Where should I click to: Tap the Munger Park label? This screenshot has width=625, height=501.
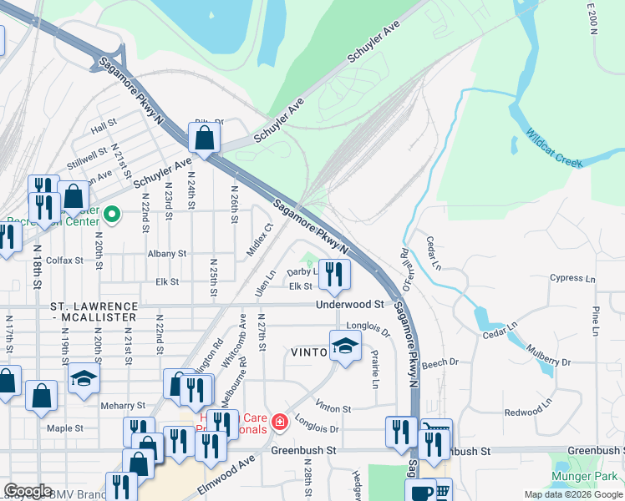583,478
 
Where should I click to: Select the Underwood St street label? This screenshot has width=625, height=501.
349,305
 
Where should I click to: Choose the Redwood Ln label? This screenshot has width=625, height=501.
528,412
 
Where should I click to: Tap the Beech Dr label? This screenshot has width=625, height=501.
440,363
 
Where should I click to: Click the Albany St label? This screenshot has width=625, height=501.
166,253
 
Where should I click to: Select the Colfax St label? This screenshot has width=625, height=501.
65,261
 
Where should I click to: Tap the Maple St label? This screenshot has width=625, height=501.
65,428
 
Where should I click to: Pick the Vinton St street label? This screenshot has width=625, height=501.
333,409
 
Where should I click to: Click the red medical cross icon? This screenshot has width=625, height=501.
279,423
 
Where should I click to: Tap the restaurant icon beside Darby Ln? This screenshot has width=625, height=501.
334,273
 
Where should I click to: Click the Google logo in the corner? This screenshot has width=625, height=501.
28,491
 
